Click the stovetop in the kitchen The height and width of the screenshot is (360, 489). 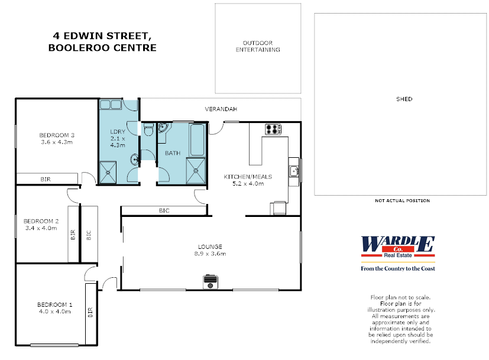[273, 129]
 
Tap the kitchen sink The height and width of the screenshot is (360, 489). [294, 171]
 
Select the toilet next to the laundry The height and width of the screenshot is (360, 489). [148, 129]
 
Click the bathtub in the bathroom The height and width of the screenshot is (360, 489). [197, 140]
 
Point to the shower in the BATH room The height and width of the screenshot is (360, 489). [196, 171]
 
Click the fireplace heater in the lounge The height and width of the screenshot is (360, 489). [211, 282]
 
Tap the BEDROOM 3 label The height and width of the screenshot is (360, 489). [57, 135]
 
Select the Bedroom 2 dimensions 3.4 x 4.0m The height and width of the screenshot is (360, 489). [41, 228]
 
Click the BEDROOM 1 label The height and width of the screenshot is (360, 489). [54, 304]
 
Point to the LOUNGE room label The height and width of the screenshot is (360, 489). [210, 247]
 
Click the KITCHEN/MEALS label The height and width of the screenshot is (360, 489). [248, 177]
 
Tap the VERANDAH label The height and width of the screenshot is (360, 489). [221, 109]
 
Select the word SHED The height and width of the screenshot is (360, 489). [404, 99]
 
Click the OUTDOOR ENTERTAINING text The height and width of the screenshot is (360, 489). [258, 46]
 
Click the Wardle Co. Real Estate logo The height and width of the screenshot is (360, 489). [398, 254]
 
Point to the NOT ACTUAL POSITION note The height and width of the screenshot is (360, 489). [402, 201]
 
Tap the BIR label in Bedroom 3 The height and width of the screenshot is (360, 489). [46, 179]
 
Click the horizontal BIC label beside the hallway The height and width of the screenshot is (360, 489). [164, 210]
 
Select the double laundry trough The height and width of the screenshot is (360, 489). [111, 105]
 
